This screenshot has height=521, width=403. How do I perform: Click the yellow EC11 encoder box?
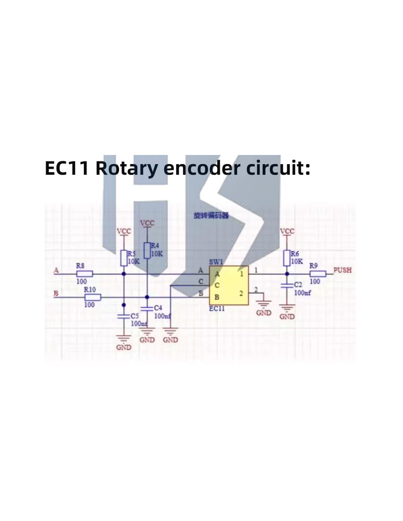tap(229, 285)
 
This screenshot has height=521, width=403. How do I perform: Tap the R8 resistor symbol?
tap(85, 274)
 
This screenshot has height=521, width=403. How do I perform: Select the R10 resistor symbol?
tap(92, 297)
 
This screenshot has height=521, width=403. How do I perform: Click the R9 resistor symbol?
tap(318, 274)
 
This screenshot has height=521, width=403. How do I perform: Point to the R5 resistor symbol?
tap(124, 258)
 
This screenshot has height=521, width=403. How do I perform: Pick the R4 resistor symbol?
tap(147, 250)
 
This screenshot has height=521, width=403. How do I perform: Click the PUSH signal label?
tap(342, 270)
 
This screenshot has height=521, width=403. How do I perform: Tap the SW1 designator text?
tap(216, 262)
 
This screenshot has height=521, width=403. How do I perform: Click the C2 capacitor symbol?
tap(287, 285)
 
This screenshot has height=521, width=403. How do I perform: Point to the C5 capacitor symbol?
tap(124, 316)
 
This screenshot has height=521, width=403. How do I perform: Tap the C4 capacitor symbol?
tap(147, 308)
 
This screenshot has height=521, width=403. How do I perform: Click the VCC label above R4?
tap(147, 223)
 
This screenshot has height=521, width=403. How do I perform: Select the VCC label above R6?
tap(287, 231)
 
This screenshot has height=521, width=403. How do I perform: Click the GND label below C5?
tap(124, 347)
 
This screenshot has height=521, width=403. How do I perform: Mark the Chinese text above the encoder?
tap(211, 216)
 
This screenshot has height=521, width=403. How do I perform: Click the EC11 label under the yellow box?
tap(217, 308)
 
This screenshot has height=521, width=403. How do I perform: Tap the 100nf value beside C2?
tap(302, 293)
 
